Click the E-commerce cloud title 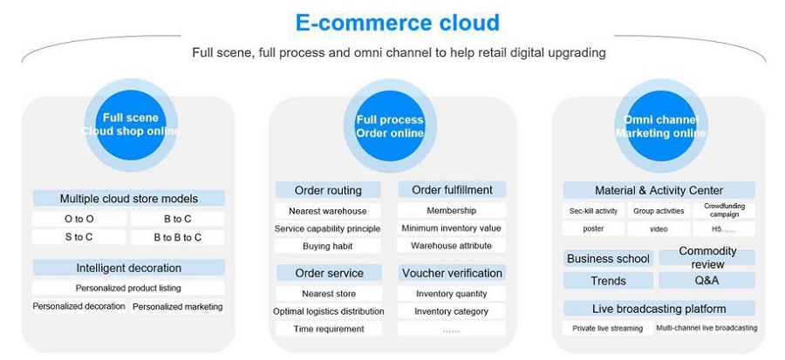(x=397, y=22)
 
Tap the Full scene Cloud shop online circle (x=131, y=125)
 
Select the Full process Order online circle (x=390, y=126)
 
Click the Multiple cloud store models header (x=128, y=198)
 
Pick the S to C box (x=78, y=237)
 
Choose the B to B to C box (x=177, y=237)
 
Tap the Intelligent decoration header (x=128, y=268)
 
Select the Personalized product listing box (x=128, y=288)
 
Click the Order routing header (x=328, y=190)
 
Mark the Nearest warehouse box (x=328, y=211)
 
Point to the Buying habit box (x=328, y=247)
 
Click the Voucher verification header (x=452, y=273)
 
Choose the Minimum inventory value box (x=452, y=228)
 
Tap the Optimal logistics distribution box (x=328, y=311)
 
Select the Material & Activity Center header (x=659, y=190)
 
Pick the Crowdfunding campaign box (x=723, y=211)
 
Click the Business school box (x=608, y=258)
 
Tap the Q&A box (x=706, y=281)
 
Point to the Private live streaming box (x=608, y=329)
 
